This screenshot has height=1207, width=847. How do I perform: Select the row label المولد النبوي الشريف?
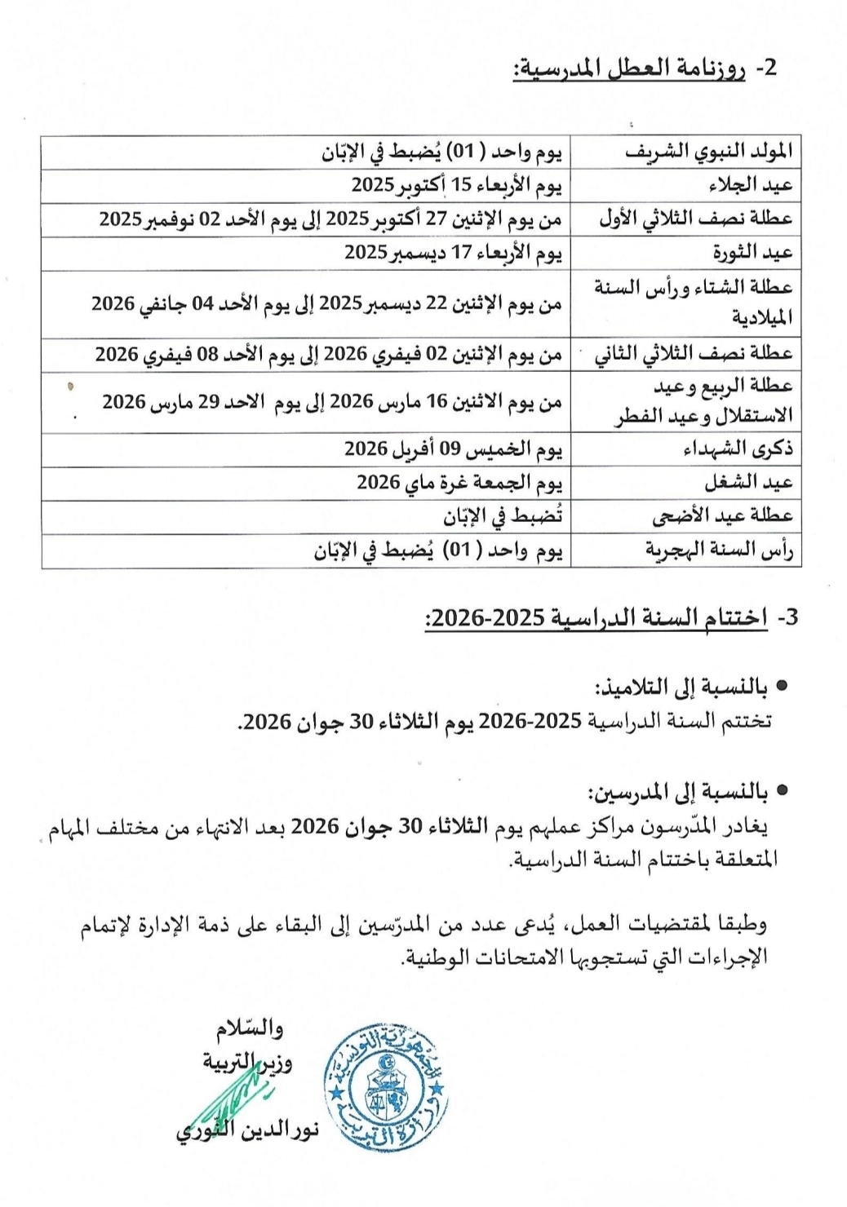708,152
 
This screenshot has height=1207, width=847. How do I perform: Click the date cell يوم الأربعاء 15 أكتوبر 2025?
457,186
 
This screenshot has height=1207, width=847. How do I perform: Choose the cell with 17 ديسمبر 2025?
454,253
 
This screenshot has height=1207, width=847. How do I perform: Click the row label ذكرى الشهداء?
738,449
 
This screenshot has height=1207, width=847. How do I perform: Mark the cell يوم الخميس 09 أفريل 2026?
454,449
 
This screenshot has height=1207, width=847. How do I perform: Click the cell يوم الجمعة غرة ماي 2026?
459,483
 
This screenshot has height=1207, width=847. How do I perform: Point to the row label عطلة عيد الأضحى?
722,516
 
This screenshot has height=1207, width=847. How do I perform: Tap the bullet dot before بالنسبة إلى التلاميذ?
782,687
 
